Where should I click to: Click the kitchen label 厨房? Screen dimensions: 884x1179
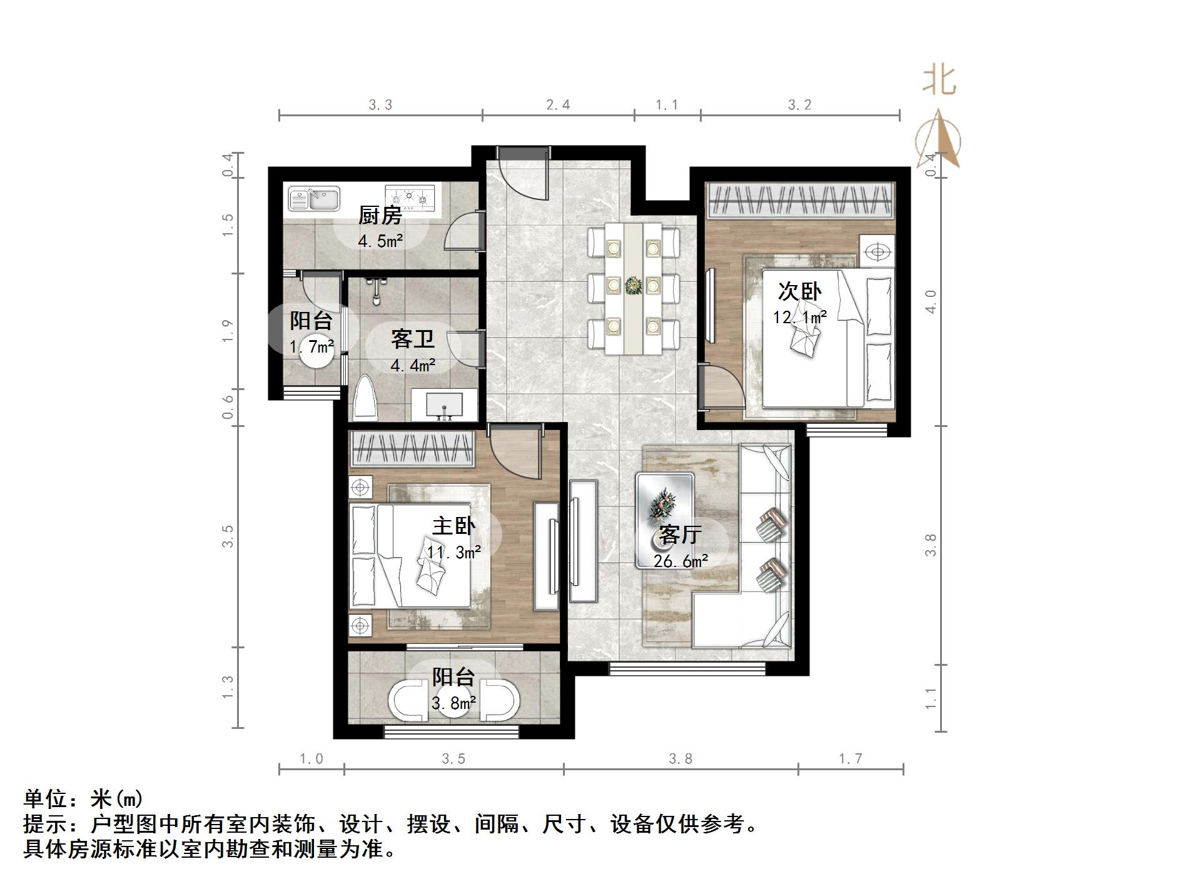coord(380,216)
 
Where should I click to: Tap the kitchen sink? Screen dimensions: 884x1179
coord(313,198)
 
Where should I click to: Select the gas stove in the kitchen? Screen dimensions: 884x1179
coord(409,196)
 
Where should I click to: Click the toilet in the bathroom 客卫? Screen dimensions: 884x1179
coord(366,398)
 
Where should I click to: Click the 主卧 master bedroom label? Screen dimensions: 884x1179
coord(453,526)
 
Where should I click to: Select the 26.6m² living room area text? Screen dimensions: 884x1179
coord(681,561)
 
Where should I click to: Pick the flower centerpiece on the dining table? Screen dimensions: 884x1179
coord(634,286)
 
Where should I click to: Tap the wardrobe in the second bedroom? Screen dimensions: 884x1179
coord(799,199)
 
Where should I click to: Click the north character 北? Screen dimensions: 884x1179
coord(939,81)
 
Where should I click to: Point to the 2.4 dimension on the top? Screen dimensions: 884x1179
coord(558,104)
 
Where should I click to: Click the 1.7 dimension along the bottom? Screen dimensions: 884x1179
coord(850,758)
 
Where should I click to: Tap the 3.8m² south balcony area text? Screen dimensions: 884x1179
coord(453,703)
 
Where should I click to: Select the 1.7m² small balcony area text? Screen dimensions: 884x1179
coord(311,346)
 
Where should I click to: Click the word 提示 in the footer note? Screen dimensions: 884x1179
coord(46,824)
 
